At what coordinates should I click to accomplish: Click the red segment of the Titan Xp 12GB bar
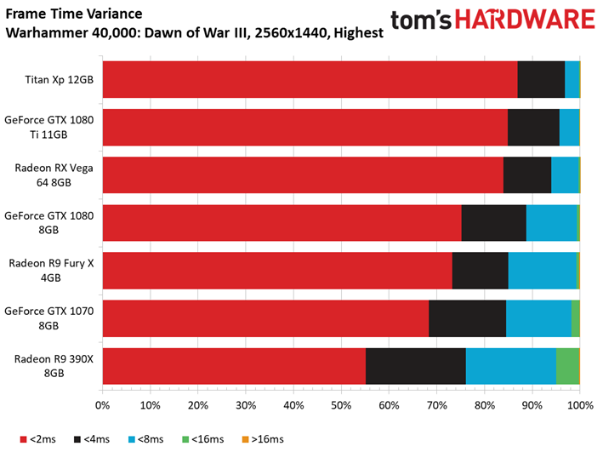point(310,79)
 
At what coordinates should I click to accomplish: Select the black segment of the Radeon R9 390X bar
point(416,366)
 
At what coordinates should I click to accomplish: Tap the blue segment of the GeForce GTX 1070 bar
point(538,318)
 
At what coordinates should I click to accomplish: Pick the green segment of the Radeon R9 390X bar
point(567,366)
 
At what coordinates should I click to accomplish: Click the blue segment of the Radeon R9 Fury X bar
point(543,271)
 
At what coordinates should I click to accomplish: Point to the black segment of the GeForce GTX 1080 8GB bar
point(494,223)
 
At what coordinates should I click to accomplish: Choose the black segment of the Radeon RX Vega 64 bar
point(527,175)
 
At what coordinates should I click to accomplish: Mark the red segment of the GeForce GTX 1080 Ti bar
point(305,128)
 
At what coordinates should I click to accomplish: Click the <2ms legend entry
point(37,439)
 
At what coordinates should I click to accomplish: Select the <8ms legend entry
point(145,439)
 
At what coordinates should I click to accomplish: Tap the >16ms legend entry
point(263,439)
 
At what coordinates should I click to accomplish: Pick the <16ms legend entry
point(202,439)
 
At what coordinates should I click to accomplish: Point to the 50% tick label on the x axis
point(341,405)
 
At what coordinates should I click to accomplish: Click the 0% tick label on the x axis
point(102,405)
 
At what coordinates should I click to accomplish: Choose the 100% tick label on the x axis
point(580,405)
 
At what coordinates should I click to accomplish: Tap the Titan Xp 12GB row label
point(60,80)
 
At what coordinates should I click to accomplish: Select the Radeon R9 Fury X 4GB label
point(51,271)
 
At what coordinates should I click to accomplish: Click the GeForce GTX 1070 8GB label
point(48,318)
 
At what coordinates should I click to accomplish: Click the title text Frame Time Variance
point(74,14)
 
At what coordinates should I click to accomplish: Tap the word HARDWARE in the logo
point(525,20)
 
